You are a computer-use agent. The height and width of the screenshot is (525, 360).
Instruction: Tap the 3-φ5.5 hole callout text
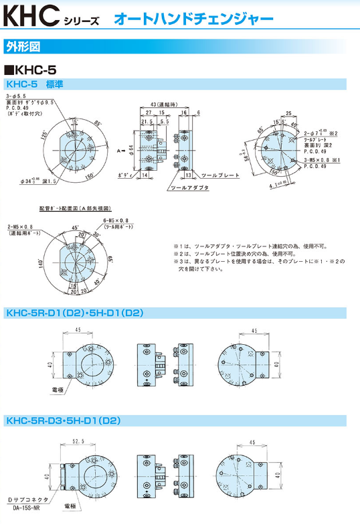point(19,98)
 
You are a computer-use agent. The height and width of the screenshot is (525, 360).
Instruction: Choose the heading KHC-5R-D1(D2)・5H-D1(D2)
point(74,313)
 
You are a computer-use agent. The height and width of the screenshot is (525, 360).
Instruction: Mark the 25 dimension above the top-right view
point(288,113)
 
